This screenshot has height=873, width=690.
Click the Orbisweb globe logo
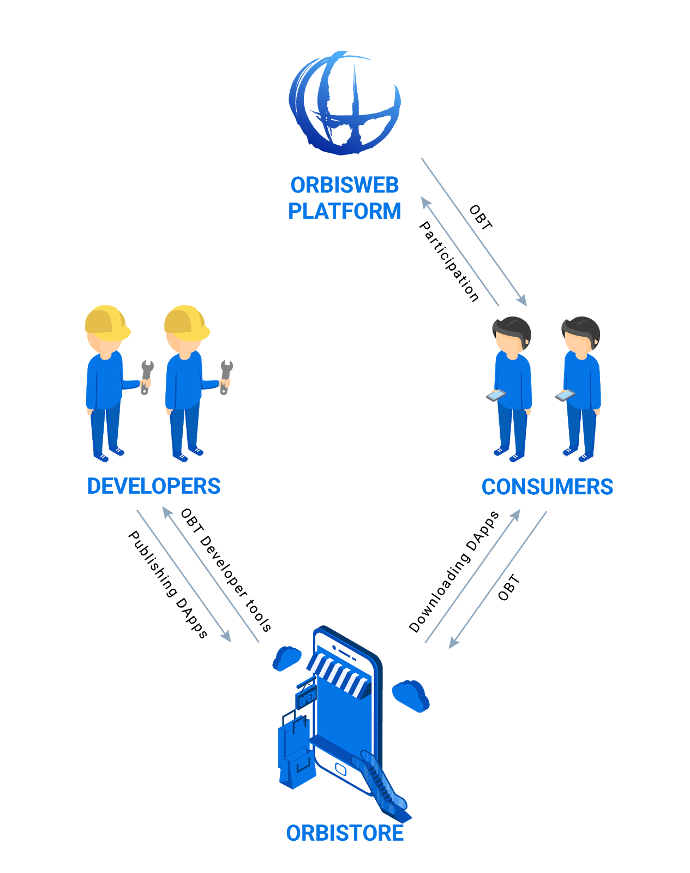pos(345,104)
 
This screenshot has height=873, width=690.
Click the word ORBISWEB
pos(345,186)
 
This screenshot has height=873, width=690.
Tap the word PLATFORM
pos(345,212)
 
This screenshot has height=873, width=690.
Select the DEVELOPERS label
pos(154,486)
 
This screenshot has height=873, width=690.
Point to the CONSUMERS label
pos(547,487)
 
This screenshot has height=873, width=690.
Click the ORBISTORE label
pos(345,833)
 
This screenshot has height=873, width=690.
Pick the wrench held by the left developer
pos(146,376)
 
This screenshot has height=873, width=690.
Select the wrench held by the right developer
pos(225,376)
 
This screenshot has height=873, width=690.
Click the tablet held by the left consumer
pos(496,396)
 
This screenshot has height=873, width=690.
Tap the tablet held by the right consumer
pos(565,395)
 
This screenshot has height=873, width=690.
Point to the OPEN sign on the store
pos(306,698)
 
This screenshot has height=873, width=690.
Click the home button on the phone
pos(341,769)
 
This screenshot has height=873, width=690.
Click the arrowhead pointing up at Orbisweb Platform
pos(425,203)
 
